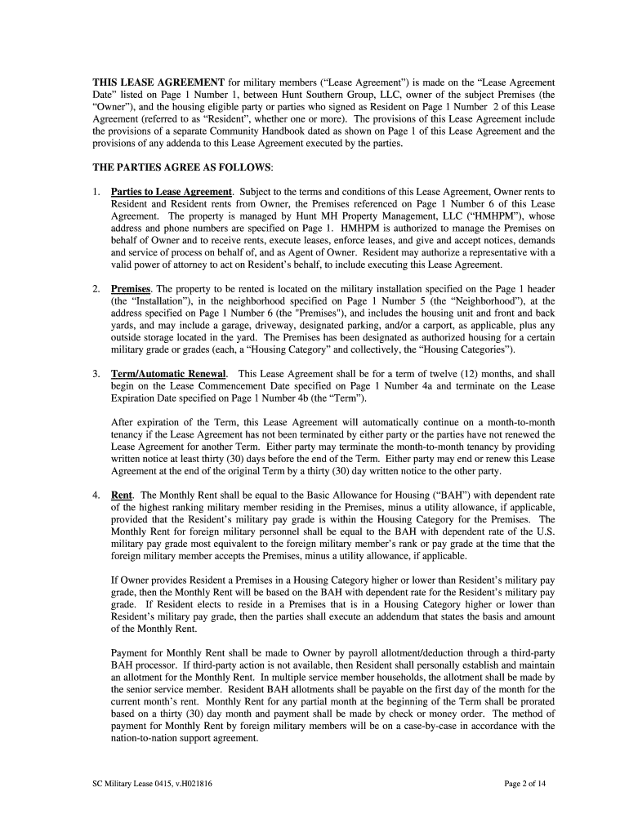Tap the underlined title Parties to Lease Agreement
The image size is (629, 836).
pos(172,191)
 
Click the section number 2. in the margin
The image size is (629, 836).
pos(96,289)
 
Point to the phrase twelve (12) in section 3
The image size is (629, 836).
pos(438,373)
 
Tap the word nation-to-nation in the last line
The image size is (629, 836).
pos(145,738)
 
